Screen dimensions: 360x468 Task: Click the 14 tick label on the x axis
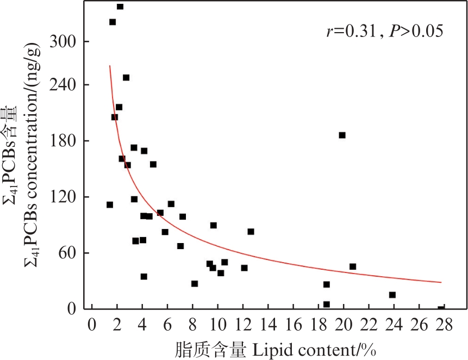point(267,325)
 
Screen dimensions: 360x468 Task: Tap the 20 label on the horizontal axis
point(343,325)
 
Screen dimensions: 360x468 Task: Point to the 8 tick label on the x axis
point(192,325)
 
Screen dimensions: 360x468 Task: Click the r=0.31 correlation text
point(351,32)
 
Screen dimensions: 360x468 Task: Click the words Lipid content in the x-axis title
point(308,349)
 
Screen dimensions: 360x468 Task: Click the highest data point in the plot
point(120,7)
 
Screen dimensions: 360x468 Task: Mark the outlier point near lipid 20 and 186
point(342,135)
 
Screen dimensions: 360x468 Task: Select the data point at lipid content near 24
point(392,295)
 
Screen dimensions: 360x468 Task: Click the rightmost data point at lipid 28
point(441,308)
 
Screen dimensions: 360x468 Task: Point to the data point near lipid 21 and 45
point(352,266)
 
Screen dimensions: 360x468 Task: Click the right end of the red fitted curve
point(441,282)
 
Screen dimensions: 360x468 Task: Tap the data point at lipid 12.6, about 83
point(251,232)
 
